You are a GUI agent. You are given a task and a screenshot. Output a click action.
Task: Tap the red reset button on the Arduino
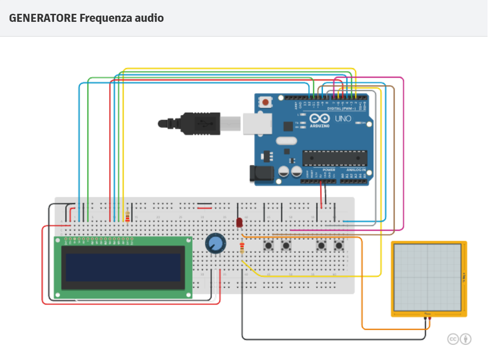click(266, 102)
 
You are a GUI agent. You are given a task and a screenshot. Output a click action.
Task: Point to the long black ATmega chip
click(334, 158)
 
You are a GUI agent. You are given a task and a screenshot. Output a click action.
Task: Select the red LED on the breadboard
click(239, 222)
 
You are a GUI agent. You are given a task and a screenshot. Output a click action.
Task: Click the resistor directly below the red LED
click(242, 248)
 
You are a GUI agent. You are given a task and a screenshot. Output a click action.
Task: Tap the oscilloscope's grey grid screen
click(428, 278)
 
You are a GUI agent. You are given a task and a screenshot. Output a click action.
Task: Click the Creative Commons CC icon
click(453, 339)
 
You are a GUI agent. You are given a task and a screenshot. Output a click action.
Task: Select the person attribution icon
click(465, 339)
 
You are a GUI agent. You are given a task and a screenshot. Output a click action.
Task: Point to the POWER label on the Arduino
click(328, 170)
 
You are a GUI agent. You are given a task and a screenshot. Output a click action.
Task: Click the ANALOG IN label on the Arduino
click(356, 170)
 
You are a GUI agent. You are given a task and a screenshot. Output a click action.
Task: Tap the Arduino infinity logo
click(319, 119)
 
